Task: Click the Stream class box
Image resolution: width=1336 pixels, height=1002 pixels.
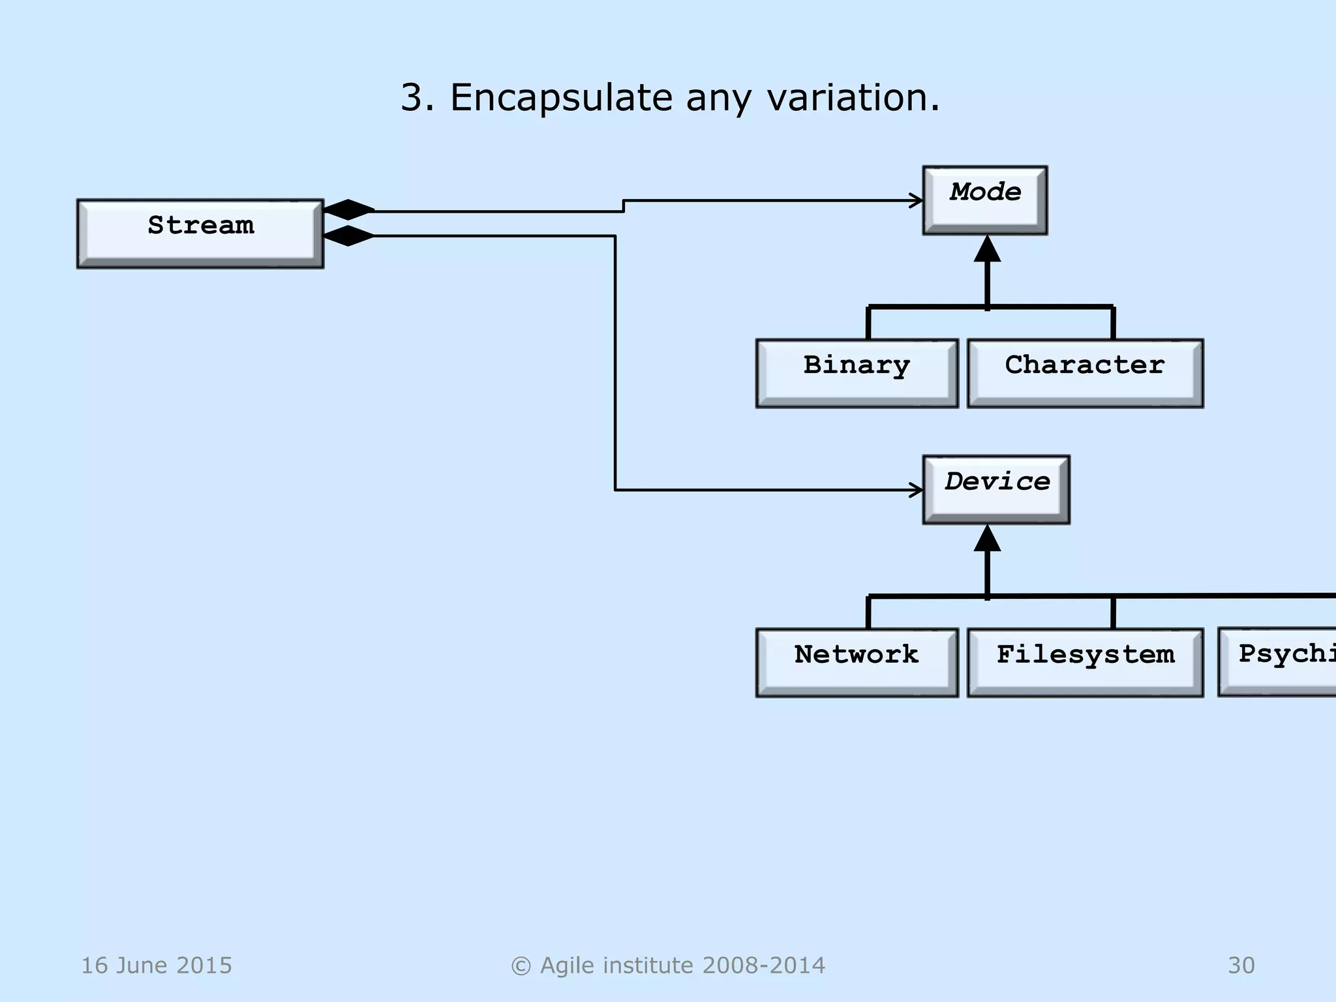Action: [x=200, y=234]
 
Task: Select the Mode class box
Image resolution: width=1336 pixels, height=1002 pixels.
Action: [x=985, y=200]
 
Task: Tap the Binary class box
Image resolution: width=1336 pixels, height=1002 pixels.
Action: [x=857, y=373]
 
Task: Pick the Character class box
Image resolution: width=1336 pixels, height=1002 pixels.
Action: [x=1085, y=373]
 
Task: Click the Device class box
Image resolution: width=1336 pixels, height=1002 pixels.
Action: [x=996, y=489]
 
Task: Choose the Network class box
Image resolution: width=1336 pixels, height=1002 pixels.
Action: [x=857, y=662]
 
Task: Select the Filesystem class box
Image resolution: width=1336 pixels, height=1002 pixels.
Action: [x=1085, y=662]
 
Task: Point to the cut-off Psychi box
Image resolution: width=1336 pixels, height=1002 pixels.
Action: [x=1279, y=662]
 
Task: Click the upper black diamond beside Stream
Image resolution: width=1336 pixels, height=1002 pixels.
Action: [x=349, y=209]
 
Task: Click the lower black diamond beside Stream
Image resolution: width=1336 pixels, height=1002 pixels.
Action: [x=349, y=235]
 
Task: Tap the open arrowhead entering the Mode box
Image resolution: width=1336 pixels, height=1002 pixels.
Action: [x=917, y=200]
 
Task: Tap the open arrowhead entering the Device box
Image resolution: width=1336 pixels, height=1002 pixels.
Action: [x=917, y=490]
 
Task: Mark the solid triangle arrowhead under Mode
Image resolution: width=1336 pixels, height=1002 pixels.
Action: [x=987, y=250]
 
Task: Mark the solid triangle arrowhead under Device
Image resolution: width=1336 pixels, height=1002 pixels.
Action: [x=987, y=539]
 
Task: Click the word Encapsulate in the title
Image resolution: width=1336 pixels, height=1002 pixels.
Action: [x=561, y=98]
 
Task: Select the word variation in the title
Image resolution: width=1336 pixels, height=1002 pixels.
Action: [x=853, y=98]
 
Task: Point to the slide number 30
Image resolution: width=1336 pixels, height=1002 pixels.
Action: [x=1241, y=965]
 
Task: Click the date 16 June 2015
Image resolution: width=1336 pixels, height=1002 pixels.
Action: [x=157, y=965]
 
